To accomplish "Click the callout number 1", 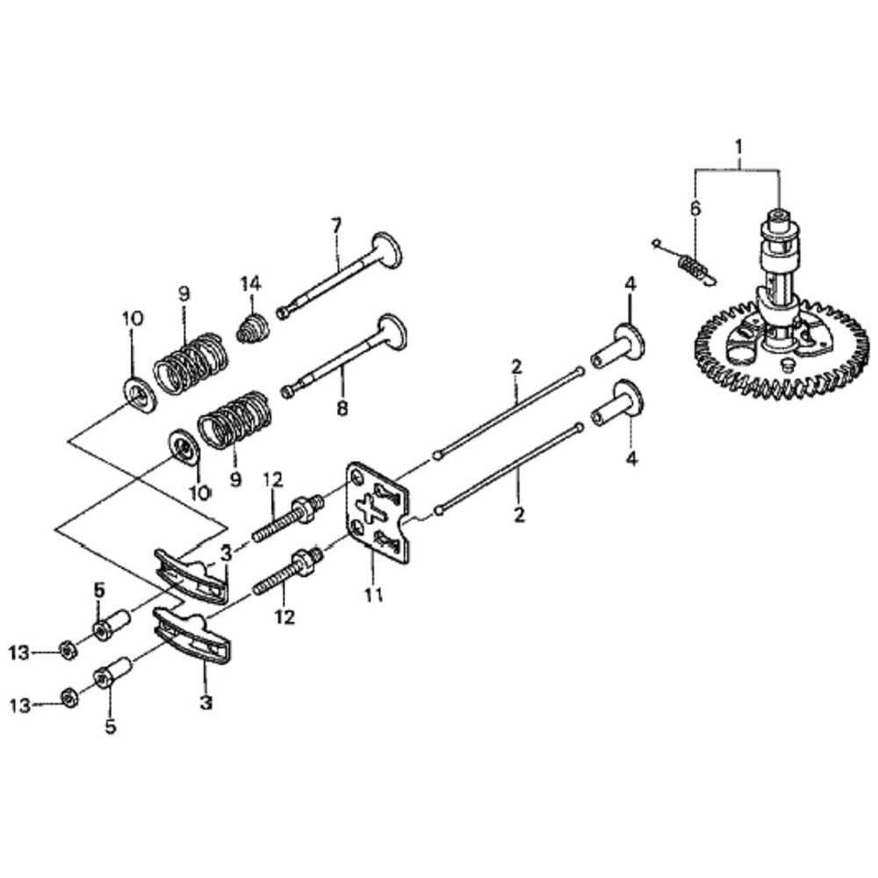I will (738, 141).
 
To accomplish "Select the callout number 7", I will (335, 227).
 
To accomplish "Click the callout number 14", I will (252, 283).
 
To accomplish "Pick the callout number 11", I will (374, 595).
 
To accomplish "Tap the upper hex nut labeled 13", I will (67, 651).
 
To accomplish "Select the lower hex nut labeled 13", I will (67, 699).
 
